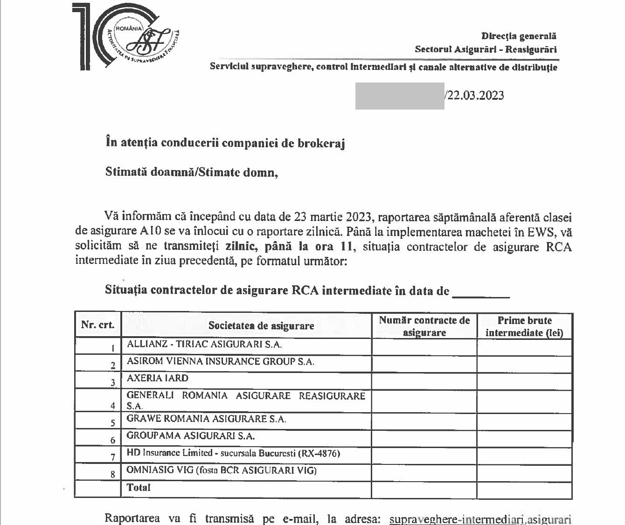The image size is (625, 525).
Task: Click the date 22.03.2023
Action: pyautogui.click(x=475, y=95)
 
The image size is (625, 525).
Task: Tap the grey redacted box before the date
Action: pyautogui.click(x=400, y=96)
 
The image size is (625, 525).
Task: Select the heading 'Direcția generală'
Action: pyautogui.click(x=519, y=36)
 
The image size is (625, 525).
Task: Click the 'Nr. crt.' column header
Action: pyautogui.click(x=97, y=325)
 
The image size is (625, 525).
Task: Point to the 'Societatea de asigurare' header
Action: pyautogui.click(x=261, y=325)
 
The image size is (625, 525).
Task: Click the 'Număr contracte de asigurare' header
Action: pyautogui.click(x=424, y=326)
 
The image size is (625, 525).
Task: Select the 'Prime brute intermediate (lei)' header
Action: pyautogui.click(x=524, y=326)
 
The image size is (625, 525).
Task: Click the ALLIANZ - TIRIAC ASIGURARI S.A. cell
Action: pyautogui.click(x=204, y=345)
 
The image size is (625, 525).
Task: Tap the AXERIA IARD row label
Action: pyautogui.click(x=158, y=378)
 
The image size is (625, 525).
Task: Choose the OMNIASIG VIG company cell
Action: pyautogui.click(x=222, y=470)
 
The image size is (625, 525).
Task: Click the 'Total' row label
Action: pyautogui.click(x=139, y=488)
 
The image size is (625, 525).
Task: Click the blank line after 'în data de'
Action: pyautogui.click(x=481, y=292)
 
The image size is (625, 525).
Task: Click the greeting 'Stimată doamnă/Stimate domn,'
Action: pyautogui.click(x=192, y=172)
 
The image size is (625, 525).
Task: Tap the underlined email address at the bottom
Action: pyautogui.click(x=480, y=519)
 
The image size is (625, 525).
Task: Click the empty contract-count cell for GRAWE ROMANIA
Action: pyautogui.click(x=424, y=421)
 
